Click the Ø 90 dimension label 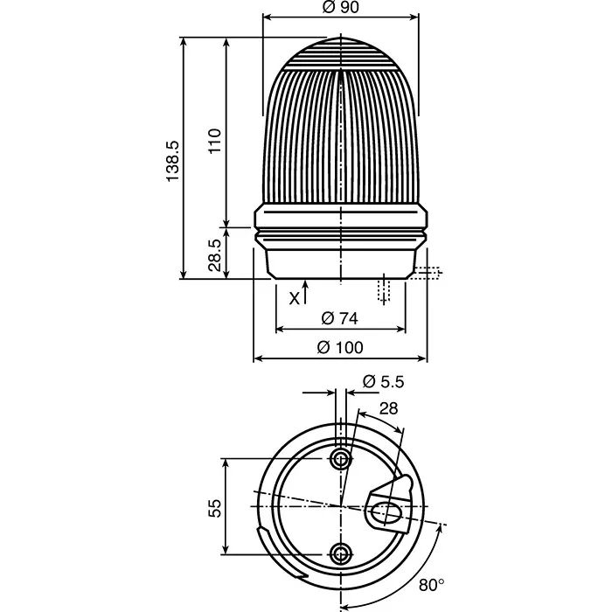point(342,8)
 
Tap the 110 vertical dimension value point(216,140)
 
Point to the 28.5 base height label point(216,254)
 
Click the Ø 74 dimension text point(340,316)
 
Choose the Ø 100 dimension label point(340,347)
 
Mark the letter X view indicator point(295,297)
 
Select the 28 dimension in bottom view point(389,408)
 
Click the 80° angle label point(432,583)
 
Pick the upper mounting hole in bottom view point(341,459)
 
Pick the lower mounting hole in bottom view point(341,552)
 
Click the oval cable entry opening point(385,512)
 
